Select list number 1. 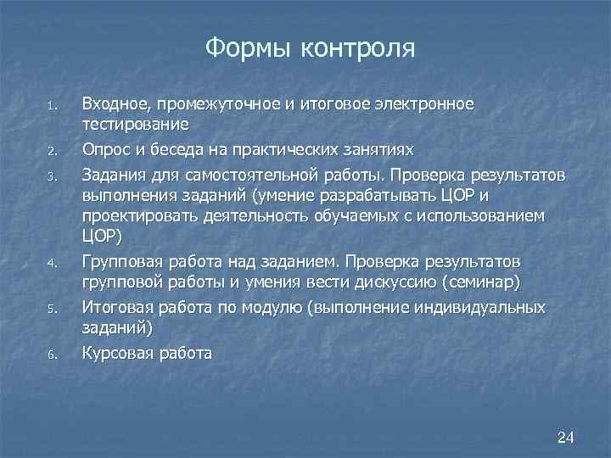(52, 107)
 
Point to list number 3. (52, 176)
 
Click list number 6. (52, 355)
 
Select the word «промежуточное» (217, 104)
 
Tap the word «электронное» (422, 104)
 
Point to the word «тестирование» (134, 125)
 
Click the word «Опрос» (105, 150)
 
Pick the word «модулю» (281, 306)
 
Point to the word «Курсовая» (116, 352)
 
